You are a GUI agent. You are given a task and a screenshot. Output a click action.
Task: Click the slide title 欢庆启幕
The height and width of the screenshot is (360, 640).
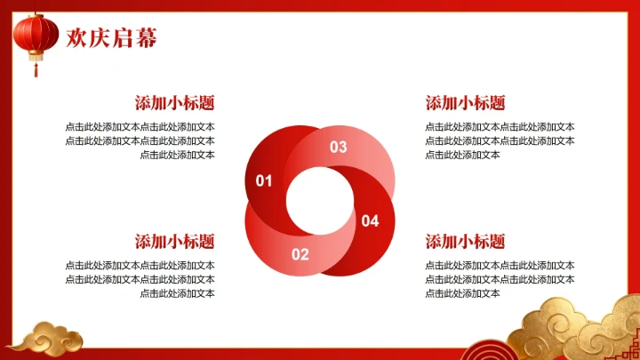(112, 37)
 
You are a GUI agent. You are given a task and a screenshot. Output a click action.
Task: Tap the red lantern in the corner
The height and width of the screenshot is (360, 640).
(36, 35)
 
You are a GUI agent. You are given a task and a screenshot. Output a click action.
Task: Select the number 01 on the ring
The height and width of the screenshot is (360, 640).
(264, 181)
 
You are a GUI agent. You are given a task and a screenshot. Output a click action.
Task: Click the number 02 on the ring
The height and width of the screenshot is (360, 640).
(300, 254)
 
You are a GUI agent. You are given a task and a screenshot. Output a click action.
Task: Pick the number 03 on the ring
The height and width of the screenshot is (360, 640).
(339, 148)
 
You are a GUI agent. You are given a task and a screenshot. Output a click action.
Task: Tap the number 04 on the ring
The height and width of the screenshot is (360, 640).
(370, 220)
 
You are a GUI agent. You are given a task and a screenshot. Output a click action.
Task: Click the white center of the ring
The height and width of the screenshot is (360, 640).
(319, 201)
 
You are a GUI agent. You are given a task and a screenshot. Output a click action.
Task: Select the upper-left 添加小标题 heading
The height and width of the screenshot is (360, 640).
(174, 103)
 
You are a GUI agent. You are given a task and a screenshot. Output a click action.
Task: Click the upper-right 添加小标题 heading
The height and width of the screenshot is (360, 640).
(466, 103)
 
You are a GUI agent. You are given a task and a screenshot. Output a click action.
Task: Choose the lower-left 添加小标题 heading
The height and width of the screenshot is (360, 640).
(174, 242)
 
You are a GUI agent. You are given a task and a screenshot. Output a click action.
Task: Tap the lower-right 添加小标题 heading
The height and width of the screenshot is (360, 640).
(466, 242)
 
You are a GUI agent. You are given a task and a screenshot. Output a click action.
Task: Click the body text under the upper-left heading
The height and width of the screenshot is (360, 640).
(140, 140)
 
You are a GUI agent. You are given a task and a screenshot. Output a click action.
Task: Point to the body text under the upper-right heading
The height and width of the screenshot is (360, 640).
(500, 140)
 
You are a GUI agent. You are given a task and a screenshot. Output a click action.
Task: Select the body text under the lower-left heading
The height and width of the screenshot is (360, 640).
(140, 279)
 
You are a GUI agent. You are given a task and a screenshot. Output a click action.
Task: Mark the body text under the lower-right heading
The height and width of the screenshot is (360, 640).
(500, 279)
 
